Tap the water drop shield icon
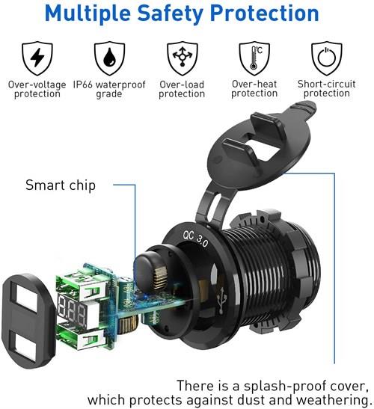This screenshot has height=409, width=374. tap(108, 57)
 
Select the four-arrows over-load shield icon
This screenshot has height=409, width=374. tap(181, 57)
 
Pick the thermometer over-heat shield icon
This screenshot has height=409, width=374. tap(254, 57)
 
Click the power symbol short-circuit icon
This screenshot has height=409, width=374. tap(326, 57)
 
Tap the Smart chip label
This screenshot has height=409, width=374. tap(61, 185)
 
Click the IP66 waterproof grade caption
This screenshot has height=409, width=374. tap(108, 89)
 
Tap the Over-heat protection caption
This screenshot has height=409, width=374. tap(254, 89)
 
